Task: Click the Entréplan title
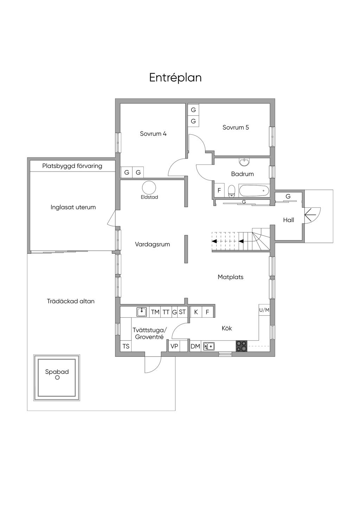[x=175, y=78]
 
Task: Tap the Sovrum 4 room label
[x=153, y=134]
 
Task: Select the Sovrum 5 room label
[x=236, y=127]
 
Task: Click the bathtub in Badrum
[x=254, y=191]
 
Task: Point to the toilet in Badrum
[x=231, y=191]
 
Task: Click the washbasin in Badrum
[x=244, y=162]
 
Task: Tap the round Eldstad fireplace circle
[x=149, y=187]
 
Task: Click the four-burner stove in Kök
[x=242, y=346]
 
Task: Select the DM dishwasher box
[x=195, y=346]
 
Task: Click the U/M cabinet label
[x=264, y=310]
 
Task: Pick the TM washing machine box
[x=155, y=312]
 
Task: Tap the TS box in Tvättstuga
[x=126, y=346]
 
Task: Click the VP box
[x=174, y=346]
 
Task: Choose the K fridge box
[x=196, y=312]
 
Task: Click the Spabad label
[x=57, y=372]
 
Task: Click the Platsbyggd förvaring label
[x=72, y=166]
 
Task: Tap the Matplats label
[x=231, y=277]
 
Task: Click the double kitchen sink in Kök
[x=209, y=346]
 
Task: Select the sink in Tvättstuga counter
[x=142, y=312]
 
